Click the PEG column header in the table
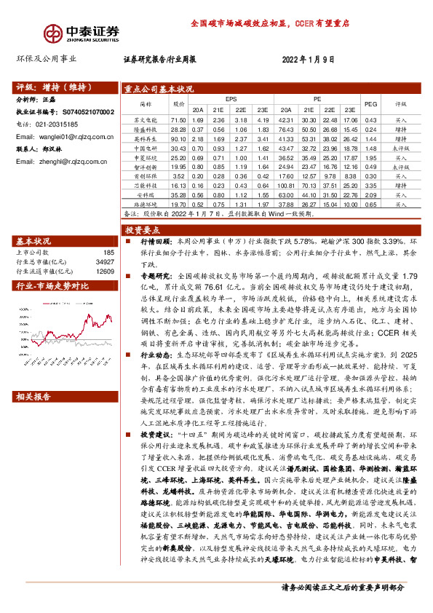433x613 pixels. tap(370, 104)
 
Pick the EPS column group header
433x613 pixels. tap(231, 98)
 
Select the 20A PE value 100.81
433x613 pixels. tap(286, 186)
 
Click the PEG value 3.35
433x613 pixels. tap(370, 186)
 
